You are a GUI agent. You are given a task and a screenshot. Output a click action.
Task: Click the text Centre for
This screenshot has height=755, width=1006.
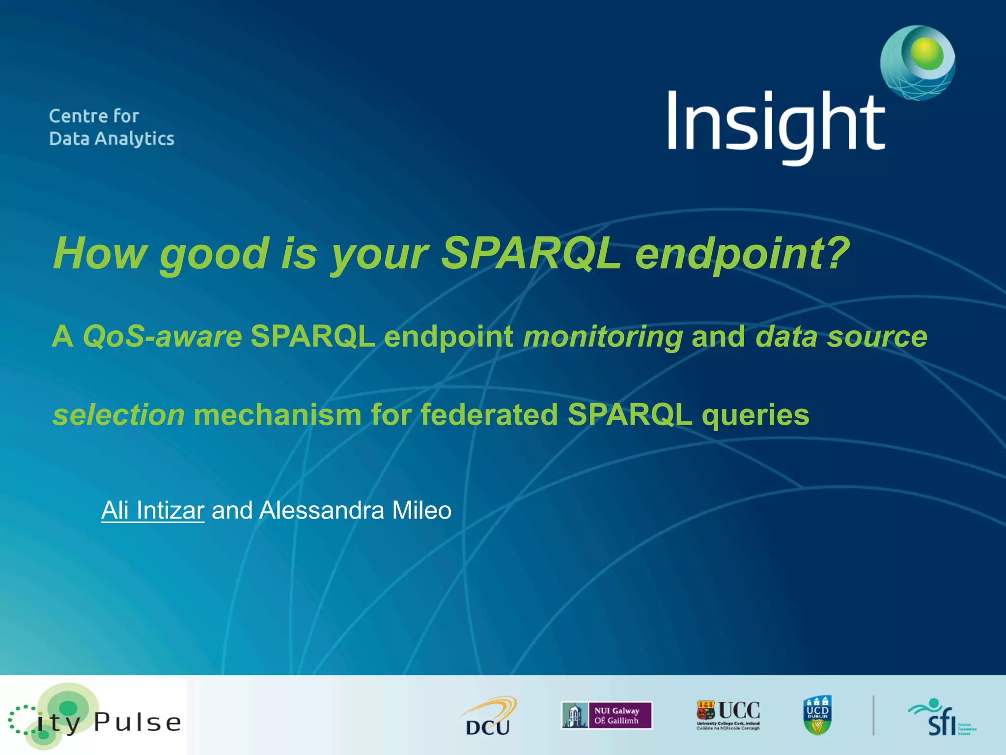(x=94, y=116)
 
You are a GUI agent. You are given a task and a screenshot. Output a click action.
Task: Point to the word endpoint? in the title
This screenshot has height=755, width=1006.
(x=742, y=254)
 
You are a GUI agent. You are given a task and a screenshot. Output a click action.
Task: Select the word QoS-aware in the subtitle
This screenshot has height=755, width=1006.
(x=162, y=337)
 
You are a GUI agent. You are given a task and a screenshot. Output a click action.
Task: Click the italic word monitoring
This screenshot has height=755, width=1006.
(x=603, y=337)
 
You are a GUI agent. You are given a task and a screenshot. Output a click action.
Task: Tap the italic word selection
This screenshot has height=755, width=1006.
(x=118, y=415)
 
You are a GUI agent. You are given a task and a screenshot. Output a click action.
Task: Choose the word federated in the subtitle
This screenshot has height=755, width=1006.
(x=489, y=415)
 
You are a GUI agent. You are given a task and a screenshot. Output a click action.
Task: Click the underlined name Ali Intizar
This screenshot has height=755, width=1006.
(x=152, y=511)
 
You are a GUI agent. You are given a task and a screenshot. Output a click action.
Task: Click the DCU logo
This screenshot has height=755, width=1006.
(x=488, y=716)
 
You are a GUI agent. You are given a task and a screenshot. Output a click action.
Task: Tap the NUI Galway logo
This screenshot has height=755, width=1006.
(x=607, y=716)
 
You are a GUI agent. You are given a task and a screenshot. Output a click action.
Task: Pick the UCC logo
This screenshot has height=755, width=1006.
(x=728, y=715)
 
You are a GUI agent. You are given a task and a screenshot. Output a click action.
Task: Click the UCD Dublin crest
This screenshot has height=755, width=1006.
(x=817, y=715)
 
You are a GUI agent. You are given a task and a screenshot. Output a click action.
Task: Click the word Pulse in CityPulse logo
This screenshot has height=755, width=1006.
(x=137, y=722)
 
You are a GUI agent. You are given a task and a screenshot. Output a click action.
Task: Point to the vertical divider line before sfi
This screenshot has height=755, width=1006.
(x=873, y=715)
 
